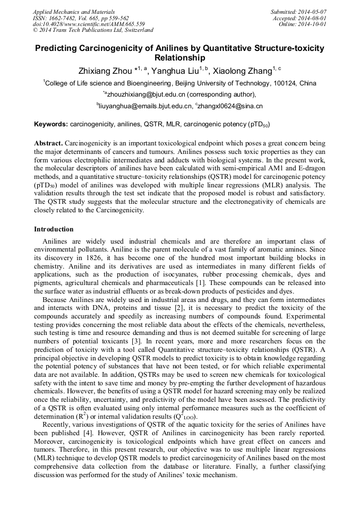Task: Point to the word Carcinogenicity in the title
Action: [x=114, y=48]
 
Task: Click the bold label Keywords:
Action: [x=51, y=124]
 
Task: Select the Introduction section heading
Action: [x=54, y=229]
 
